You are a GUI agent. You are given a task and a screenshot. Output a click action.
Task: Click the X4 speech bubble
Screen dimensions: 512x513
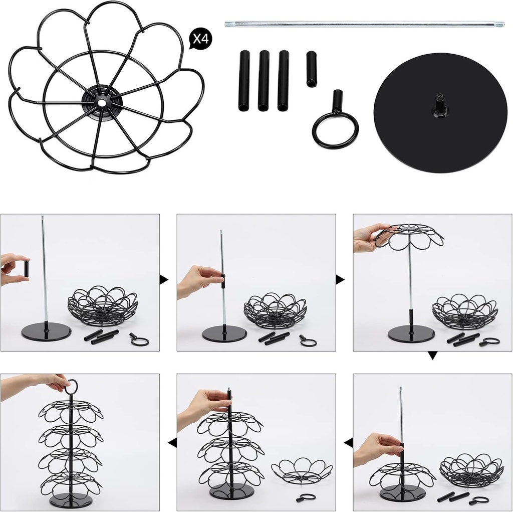tap(200, 40)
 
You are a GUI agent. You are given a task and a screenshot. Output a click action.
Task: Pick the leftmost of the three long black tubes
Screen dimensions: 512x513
tap(244, 80)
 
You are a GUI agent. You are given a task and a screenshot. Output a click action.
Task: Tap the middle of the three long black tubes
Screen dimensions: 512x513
tap(264, 80)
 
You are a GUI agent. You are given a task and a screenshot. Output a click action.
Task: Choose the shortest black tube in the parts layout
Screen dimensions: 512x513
tap(312, 69)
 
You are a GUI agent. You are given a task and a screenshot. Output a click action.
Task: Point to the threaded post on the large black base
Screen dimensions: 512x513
tap(440, 104)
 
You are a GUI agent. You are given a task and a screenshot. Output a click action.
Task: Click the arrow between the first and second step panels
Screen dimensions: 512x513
tap(164, 280)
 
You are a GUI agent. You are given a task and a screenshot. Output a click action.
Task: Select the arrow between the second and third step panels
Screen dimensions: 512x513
tap(340, 280)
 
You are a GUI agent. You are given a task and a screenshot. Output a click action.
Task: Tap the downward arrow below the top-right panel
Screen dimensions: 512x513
tap(433, 356)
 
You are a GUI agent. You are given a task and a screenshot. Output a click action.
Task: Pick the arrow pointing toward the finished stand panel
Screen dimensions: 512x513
tap(172, 442)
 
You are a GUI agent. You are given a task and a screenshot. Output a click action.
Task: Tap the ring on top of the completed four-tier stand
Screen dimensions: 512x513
tap(72, 387)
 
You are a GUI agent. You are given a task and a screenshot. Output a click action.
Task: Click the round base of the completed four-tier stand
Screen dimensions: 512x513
tap(70, 500)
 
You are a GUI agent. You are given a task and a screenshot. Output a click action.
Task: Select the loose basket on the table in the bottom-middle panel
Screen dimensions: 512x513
tap(302, 471)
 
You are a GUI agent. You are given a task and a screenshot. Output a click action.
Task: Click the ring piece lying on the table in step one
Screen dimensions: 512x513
tap(139, 340)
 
